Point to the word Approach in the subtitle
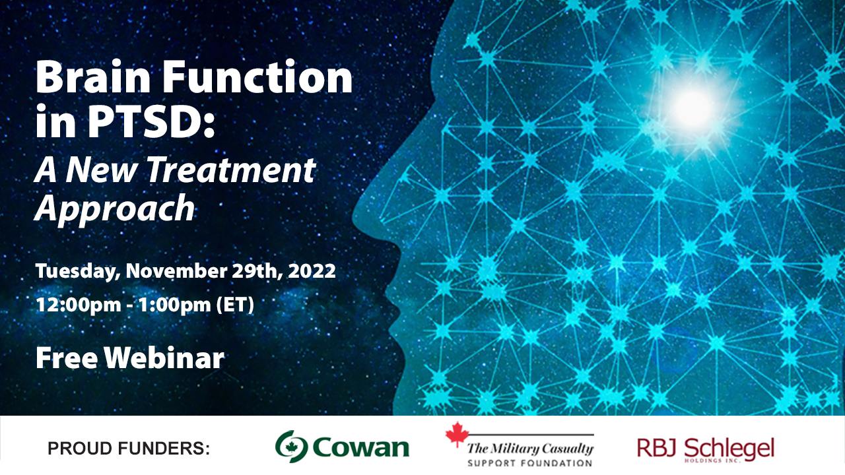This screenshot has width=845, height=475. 115,208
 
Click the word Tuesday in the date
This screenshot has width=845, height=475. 77,271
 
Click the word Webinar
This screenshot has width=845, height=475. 164,358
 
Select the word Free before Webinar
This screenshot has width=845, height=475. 67,358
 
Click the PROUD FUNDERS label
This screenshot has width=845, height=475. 128,449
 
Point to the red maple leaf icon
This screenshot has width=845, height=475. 455,435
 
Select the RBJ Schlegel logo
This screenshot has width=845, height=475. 705,449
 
